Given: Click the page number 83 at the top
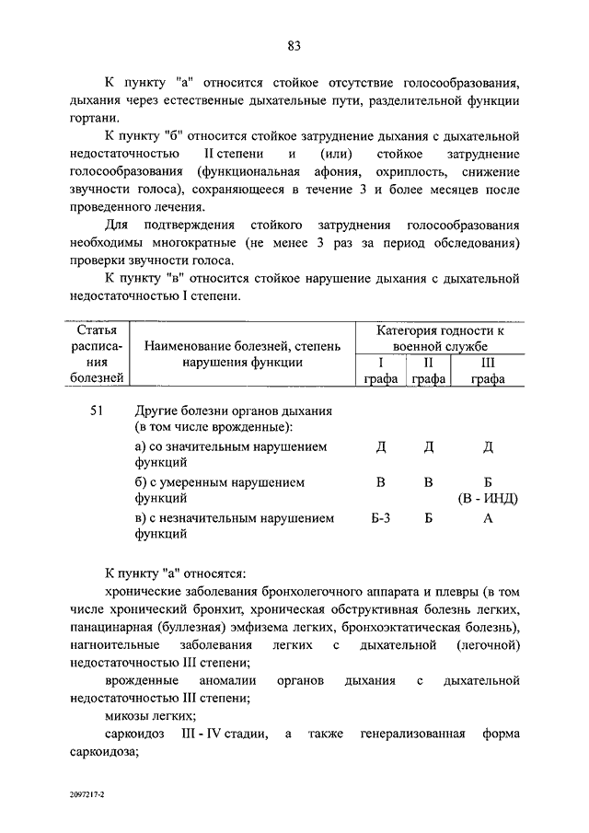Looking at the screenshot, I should [x=294, y=46].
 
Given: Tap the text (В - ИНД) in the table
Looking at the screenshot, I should [x=489, y=499].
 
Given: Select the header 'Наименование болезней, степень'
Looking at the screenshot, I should [x=242, y=346].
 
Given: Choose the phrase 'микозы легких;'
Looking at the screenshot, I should [x=149, y=715].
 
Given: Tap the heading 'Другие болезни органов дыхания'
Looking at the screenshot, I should [x=233, y=411].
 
